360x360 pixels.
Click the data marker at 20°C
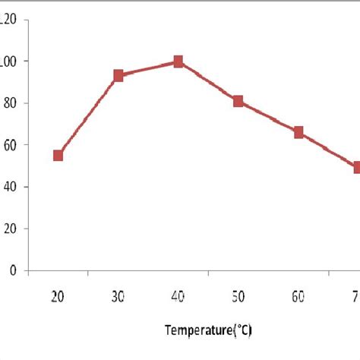58,155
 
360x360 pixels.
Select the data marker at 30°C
118,76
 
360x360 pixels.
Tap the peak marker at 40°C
178,62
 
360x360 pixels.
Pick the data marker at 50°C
238,101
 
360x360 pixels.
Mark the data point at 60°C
298,132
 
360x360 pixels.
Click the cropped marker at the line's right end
356,167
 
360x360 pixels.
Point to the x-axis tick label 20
58,296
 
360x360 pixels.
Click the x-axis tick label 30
118,296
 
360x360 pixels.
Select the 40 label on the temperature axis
178,296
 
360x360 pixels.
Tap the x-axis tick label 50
238,296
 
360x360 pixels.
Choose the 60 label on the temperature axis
298,296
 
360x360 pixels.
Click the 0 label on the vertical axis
11,270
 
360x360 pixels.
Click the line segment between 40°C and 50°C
209,81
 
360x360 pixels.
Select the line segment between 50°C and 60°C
269,117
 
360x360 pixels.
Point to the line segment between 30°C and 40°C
149,69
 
